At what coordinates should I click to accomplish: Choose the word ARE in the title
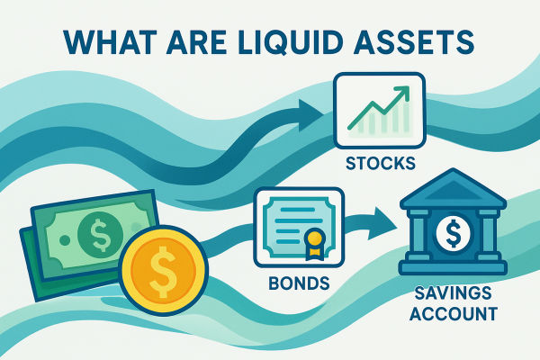(x=192, y=42)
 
